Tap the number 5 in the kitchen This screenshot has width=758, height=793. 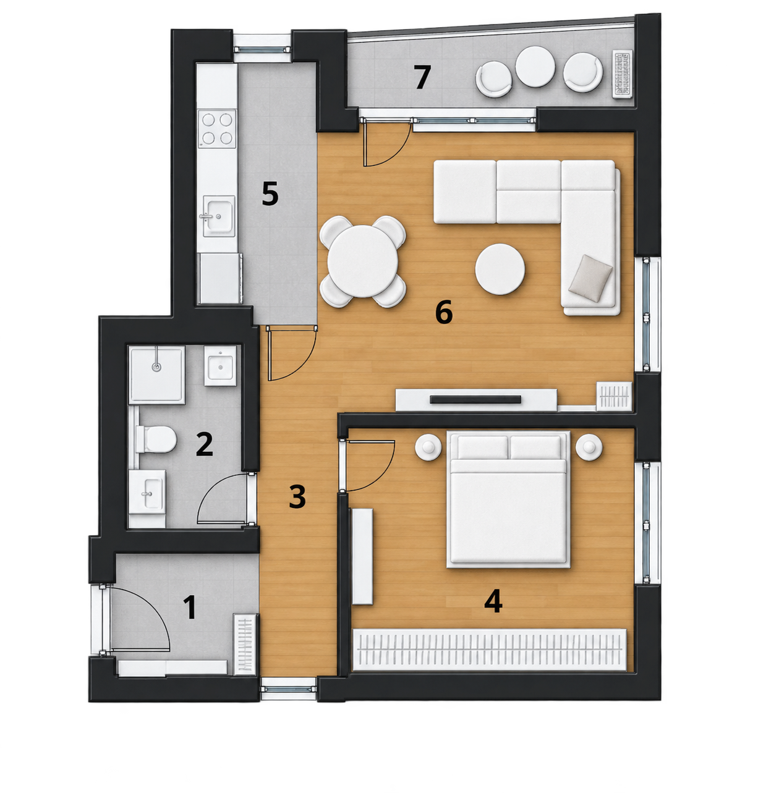[270, 193]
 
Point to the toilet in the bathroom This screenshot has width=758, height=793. [156, 439]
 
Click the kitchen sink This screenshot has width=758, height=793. [219, 216]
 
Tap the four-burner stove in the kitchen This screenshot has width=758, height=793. [217, 129]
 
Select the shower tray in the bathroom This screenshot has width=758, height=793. [157, 375]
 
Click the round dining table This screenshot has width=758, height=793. [363, 261]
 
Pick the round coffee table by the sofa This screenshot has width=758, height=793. [500, 269]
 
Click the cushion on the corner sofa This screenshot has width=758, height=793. [590, 278]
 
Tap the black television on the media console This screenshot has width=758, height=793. [475, 399]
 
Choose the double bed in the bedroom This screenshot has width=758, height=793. [508, 499]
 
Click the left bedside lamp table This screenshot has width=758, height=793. [428, 447]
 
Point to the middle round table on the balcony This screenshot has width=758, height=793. [535, 66]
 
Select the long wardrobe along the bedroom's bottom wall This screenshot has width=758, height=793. [490, 650]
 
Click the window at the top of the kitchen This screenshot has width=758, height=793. [262, 49]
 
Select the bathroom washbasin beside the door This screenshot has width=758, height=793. [147, 492]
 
